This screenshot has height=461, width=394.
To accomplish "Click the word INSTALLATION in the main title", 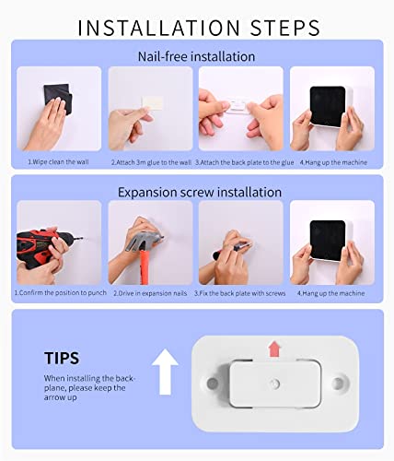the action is [x=158, y=28].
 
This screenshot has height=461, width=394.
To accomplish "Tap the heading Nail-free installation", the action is [x=196, y=56].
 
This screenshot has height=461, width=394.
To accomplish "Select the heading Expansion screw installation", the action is [x=200, y=193].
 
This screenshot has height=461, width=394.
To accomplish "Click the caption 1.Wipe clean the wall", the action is [x=58, y=162].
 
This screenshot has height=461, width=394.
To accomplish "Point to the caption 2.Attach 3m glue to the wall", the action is [x=151, y=162].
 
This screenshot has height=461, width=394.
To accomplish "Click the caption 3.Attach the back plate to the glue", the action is [x=245, y=162].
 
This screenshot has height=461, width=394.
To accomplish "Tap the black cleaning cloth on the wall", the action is [x=58, y=98].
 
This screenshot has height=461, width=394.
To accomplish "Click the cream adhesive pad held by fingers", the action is [x=152, y=103].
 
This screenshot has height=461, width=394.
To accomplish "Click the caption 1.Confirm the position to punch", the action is [x=61, y=292].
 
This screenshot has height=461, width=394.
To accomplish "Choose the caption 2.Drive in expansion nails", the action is [x=150, y=293].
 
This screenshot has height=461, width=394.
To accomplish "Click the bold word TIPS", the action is [x=62, y=358].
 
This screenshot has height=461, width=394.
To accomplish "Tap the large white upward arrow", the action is [x=165, y=372].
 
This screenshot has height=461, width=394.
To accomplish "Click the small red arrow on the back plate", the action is [x=274, y=349].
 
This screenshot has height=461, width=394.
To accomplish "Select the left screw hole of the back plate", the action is [x=212, y=384].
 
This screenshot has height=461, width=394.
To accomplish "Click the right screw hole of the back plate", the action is [x=339, y=383].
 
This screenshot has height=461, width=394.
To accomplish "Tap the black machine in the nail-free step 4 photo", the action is [x=329, y=106].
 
